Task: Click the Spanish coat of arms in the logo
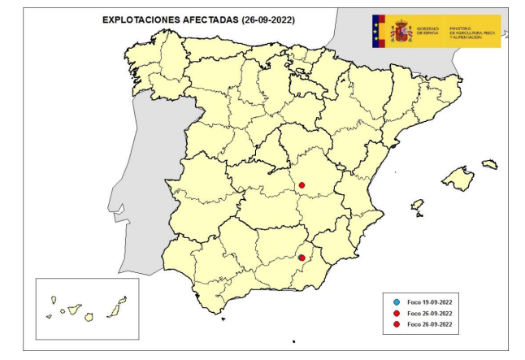[x=401, y=32]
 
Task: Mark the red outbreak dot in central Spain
[x=302, y=185]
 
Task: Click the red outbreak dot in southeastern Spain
[x=302, y=258]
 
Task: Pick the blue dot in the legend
[x=395, y=301]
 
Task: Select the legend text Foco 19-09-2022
[x=429, y=301]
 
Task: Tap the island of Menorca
[x=489, y=164]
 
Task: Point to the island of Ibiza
[x=417, y=205]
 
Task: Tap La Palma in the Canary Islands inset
[x=51, y=300]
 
